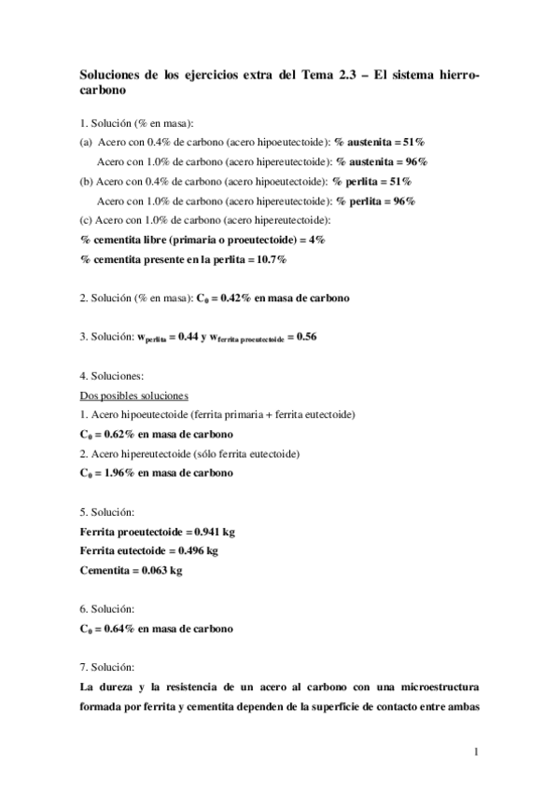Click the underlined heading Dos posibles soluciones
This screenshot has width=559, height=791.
[x=134, y=395]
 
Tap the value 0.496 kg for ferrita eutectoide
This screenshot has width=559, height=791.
[x=197, y=550]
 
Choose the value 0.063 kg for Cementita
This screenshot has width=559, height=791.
[x=162, y=570]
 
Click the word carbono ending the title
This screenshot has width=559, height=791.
[x=103, y=93]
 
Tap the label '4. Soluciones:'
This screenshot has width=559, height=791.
[x=111, y=375]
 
